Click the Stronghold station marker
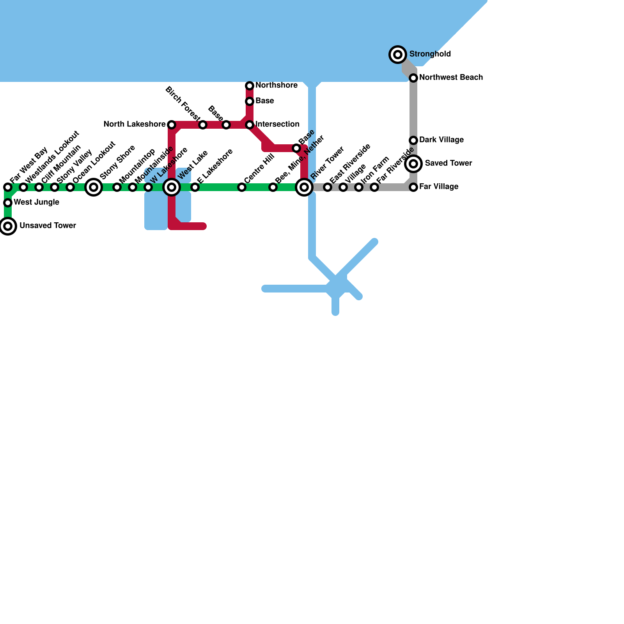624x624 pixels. click(398, 55)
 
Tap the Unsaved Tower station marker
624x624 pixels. click(8, 226)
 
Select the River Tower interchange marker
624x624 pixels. click(304, 187)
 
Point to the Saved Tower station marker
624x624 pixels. click(413, 164)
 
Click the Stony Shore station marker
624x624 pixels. click(94, 187)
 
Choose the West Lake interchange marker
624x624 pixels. click(172, 187)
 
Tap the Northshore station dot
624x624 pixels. click(250, 86)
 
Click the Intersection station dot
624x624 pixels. click(250, 125)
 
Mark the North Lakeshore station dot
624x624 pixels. click(172, 125)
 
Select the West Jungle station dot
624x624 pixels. click(8, 203)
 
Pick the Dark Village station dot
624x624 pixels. click(413, 140)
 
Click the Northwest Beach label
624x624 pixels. click(451, 78)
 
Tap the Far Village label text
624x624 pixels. click(439, 187)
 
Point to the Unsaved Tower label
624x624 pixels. click(48, 226)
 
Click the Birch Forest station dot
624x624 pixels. click(203, 125)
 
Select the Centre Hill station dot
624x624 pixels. click(242, 187)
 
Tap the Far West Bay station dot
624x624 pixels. click(8, 187)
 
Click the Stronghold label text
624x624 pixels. click(430, 54)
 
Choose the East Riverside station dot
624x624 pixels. click(328, 187)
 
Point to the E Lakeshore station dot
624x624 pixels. click(195, 187)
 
